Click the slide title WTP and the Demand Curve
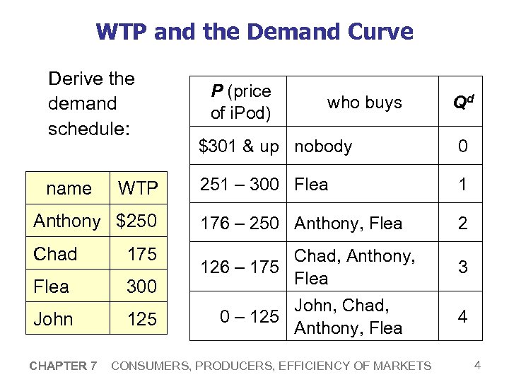click(255, 32)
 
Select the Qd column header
click(462, 103)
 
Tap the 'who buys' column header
click(364, 103)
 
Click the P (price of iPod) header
click(241, 102)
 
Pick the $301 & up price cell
click(239, 146)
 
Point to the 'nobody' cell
click(323, 146)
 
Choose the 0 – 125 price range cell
click(249, 316)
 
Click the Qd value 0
click(462, 146)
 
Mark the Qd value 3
click(462, 267)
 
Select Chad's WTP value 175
click(142, 254)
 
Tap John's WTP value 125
click(142, 319)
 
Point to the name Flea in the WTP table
click(52, 286)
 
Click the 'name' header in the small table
click(69, 188)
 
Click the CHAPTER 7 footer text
click(63, 366)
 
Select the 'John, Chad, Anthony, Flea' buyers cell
click(348, 316)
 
